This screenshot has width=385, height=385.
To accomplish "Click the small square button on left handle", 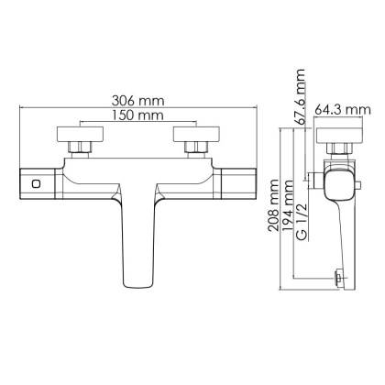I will pyautogui.click(x=35, y=182).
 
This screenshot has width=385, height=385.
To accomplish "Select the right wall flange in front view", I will pyautogui.click(x=195, y=132).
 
